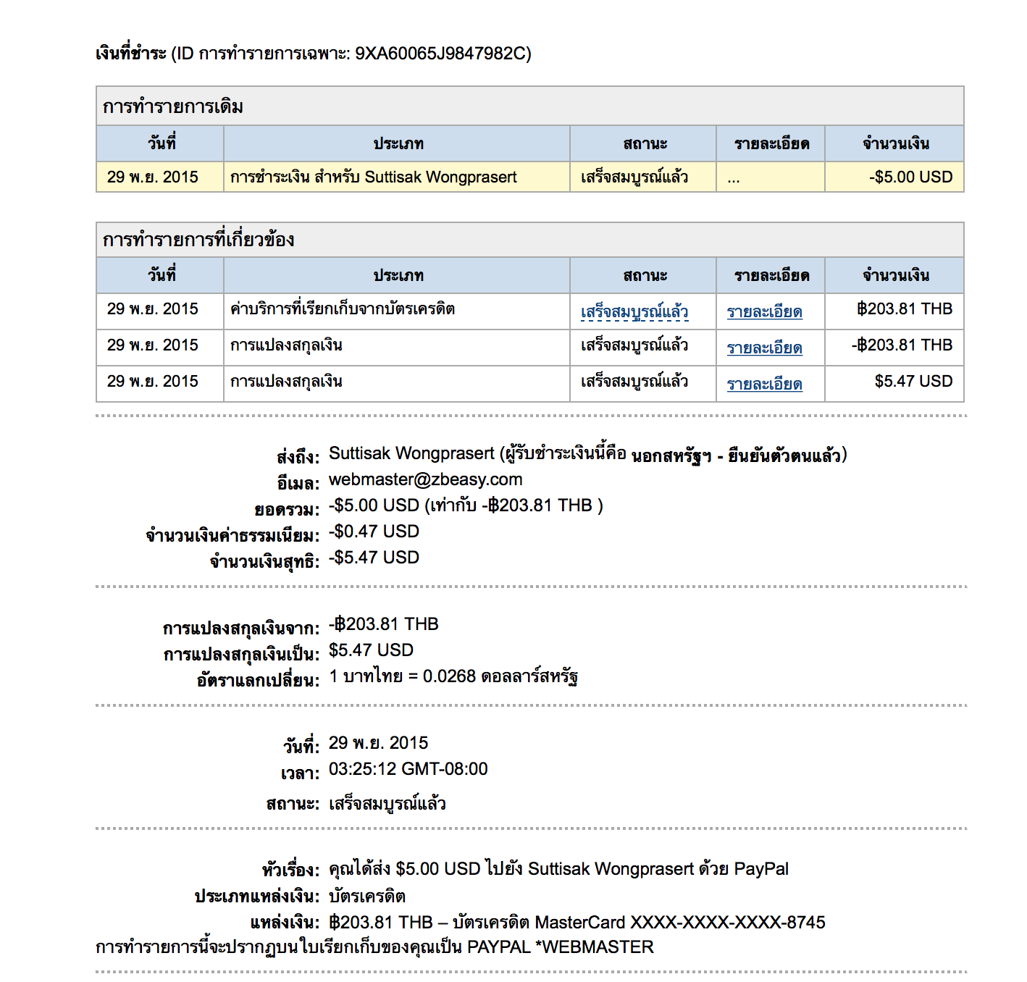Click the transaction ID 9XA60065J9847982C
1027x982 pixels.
coord(442,54)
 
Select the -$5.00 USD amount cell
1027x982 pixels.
coord(910,177)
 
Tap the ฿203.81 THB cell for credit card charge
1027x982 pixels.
coord(905,309)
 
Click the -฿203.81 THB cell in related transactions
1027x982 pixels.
coord(902,345)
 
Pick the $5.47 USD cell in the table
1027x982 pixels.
coord(913,382)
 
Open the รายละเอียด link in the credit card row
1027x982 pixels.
coord(764,312)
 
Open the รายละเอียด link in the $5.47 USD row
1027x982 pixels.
coord(764,385)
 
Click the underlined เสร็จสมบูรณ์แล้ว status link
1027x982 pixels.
coord(634,312)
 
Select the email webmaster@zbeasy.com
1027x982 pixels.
coord(425,479)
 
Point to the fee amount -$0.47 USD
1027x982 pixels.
coord(374,532)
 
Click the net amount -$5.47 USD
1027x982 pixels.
coord(374,558)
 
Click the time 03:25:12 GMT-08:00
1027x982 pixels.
coord(408,769)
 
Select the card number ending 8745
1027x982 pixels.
coord(728,923)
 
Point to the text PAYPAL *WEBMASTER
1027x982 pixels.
coord(561,947)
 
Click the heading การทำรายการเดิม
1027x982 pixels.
coord(173,107)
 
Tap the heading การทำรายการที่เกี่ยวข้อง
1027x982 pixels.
coord(198,240)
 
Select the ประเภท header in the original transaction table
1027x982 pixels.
coord(398,144)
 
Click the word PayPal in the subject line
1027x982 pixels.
coord(761,869)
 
